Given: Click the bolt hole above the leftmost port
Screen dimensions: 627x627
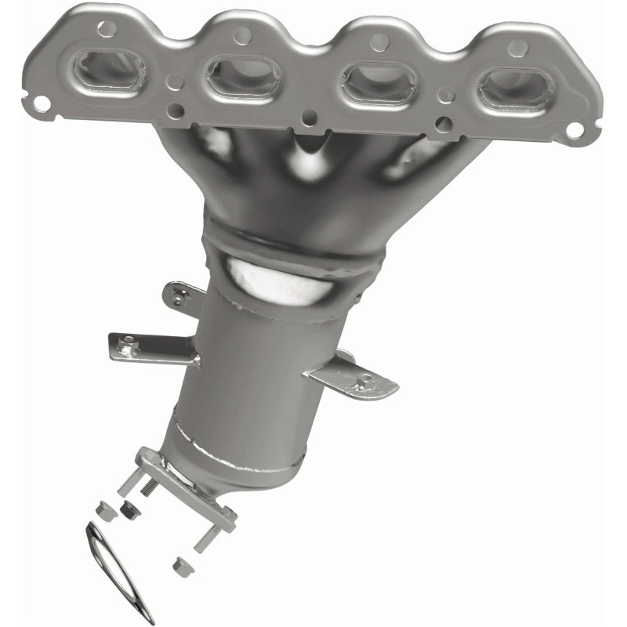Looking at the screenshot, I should point(106,29).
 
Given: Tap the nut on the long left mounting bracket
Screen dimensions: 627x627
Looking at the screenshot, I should point(126,342).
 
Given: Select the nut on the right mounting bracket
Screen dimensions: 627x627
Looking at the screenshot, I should point(363,383).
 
